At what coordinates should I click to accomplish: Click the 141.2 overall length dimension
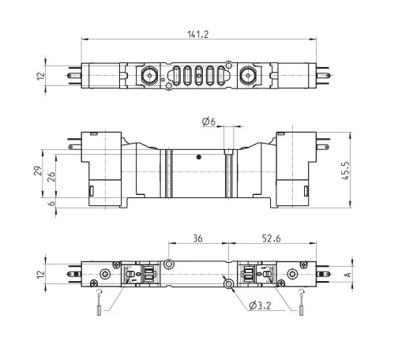198,34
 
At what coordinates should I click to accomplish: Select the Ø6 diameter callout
208,122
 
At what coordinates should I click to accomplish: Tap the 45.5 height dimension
346,171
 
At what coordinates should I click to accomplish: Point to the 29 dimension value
38,171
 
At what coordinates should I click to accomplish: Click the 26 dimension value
51,176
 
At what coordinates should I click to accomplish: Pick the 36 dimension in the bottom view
198,238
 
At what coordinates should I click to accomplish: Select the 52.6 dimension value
272,238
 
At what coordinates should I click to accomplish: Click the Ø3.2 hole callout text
260,306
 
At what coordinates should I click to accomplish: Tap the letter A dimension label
348,275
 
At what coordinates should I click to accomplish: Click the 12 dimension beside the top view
41,76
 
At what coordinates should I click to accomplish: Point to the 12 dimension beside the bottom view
41,275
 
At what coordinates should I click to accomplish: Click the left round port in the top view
149,76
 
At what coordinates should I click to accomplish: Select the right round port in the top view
248,76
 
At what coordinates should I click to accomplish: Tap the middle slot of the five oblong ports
199,76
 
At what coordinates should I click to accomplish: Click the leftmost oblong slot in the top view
176,76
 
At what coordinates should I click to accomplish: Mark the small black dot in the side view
199,157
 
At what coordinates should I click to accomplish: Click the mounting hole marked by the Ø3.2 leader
228,284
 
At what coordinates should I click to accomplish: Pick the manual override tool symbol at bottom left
99,302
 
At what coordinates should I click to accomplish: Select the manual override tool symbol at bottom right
302,302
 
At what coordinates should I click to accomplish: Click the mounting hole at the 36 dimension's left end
168,264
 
